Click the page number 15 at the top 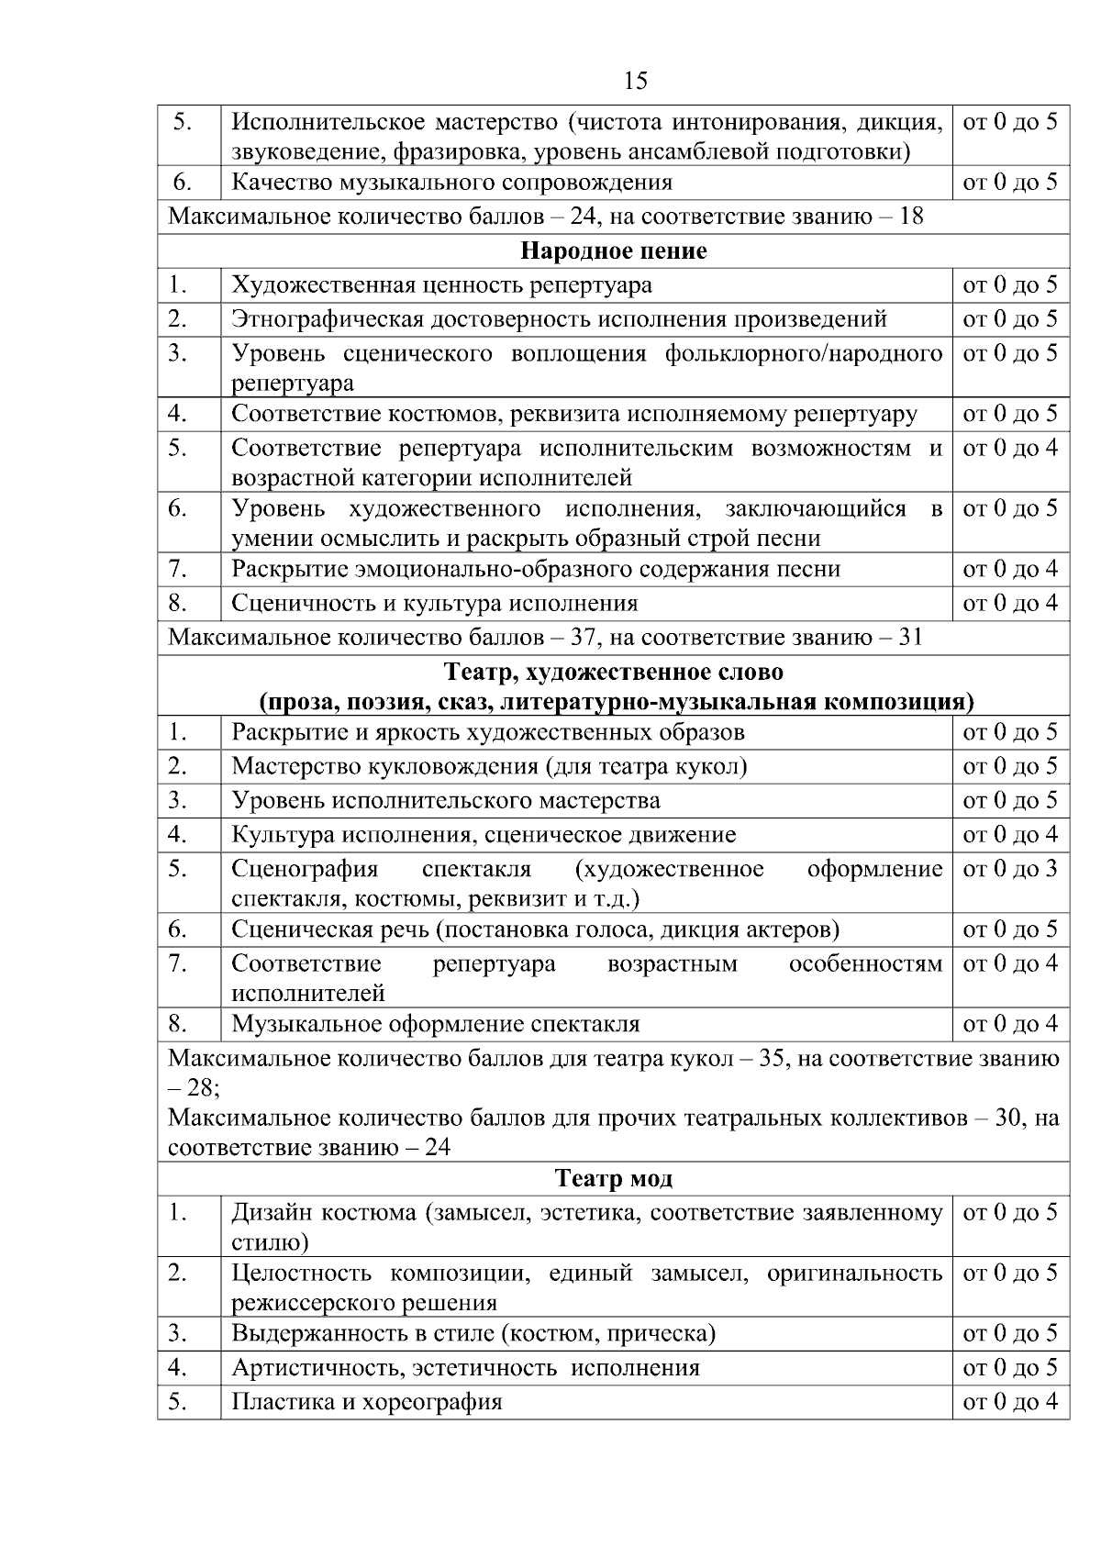click(x=635, y=81)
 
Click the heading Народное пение click(x=613, y=250)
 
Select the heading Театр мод click(x=613, y=1178)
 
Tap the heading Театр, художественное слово click(x=613, y=672)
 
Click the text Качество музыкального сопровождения click(x=451, y=182)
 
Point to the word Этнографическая click(x=326, y=318)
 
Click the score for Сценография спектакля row click(x=1009, y=868)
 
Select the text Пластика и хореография click(x=366, y=1402)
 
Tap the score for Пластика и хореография click(x=1009, y=1402)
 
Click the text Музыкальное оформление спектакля click(x=435, y=1023)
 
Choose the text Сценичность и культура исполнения click(x=434, y=603)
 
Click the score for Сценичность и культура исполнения click(x=1009, y=603)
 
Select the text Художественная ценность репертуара click(x=441, y=284)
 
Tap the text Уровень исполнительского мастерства click(x=445, y=800)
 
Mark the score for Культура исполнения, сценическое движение click(x=1009, y=834)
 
